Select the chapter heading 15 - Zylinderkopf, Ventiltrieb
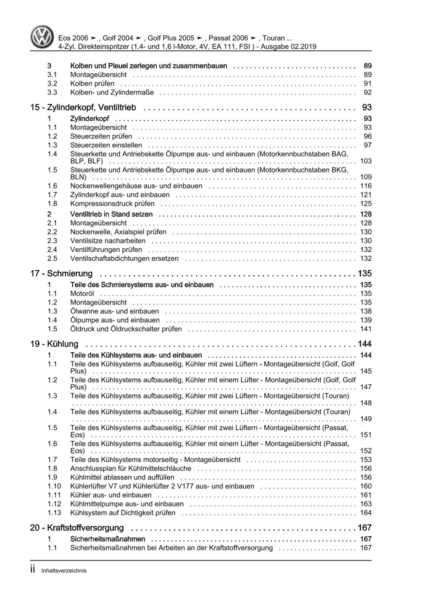(x=83, y=108)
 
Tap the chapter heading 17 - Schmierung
(x=61, y=274)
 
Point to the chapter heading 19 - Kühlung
(x=54, y=344)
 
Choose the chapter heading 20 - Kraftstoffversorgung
(x=77, y=528)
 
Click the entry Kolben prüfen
(x=92, y=84)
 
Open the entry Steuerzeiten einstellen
(x=106, y=145)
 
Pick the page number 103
(x=365, y=161)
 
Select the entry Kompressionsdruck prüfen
(x=112, y=204)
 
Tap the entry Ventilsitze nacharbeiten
(x=108, y=241)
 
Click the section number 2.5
(x=52, y=259)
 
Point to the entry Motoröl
(x=82, y=294)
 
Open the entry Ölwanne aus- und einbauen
(x=114, y=311)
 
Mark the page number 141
(x=366, y=329)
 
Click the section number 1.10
(x=54, y=486)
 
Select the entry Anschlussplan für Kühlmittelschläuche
(x=131, y=469)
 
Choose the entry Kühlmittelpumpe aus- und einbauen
(x=127, y=504)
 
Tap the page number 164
(x=366, y=513)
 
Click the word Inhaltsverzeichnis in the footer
(x=64, y=571)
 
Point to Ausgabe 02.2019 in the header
(x=288, y=47)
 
